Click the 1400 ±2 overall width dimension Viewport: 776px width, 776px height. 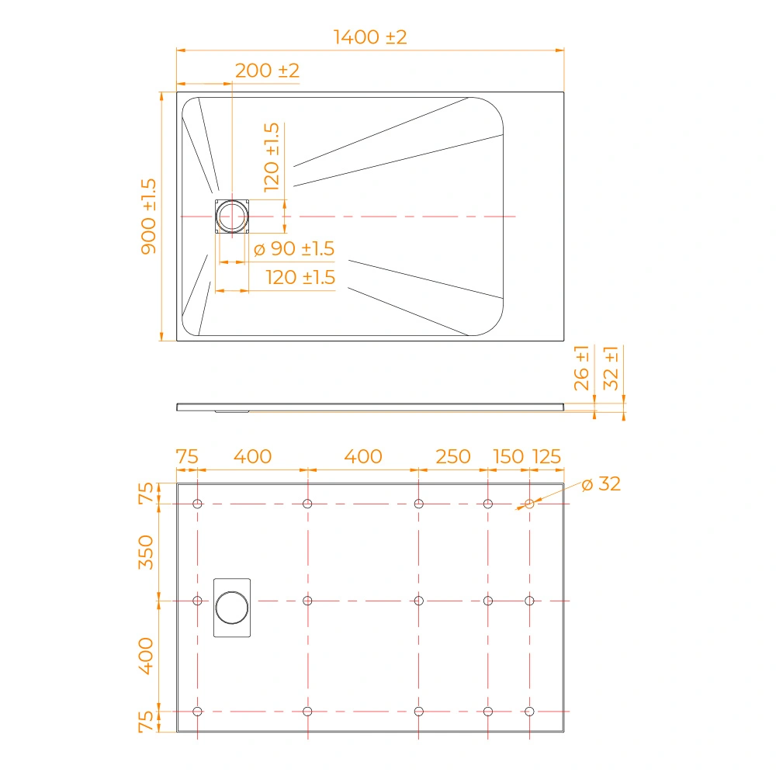370,37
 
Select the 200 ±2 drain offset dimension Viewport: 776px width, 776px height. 267,71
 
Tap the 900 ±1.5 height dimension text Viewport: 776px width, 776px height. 148,217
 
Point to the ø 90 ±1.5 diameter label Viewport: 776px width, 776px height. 294,248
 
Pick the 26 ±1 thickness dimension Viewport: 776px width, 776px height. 581,368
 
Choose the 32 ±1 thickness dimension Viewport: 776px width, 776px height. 611,368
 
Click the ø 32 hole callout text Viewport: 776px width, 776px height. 601,483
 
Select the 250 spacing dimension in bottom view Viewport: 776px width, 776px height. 453,456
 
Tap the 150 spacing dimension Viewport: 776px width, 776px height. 508,456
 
